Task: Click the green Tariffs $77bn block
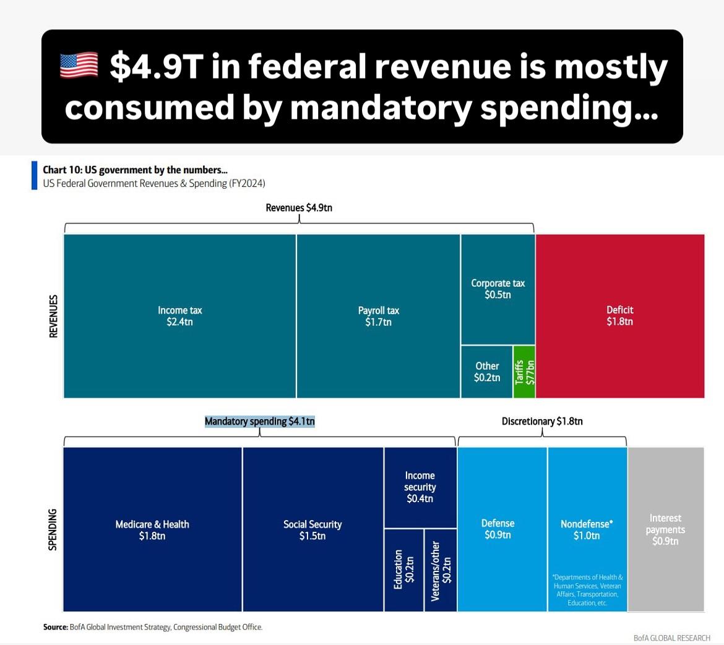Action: (524, 372)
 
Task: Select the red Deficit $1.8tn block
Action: (619, 315)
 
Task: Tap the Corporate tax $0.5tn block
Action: (498, 289)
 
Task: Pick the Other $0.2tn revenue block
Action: (487, 372)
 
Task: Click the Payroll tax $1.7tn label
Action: (378, 316)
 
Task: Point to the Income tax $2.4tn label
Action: (179, 316)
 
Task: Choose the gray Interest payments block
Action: (665, 529)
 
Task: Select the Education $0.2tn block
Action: (404, 570)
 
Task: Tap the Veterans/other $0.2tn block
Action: (441, 570)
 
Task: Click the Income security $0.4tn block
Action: (420, 487)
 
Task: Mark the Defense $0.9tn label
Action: (498, 529)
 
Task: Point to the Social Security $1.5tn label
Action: (312, 530)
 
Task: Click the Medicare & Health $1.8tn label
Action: (152, 530)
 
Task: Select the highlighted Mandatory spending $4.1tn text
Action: (259, 422)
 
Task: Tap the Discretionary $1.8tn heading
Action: (542, 422)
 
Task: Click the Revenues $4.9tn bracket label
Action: (299, 208)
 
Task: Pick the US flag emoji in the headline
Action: (79, 66)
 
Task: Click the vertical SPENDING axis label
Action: (53, 529)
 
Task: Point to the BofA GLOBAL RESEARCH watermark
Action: (671, 638)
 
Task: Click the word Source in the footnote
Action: (54, 627)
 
